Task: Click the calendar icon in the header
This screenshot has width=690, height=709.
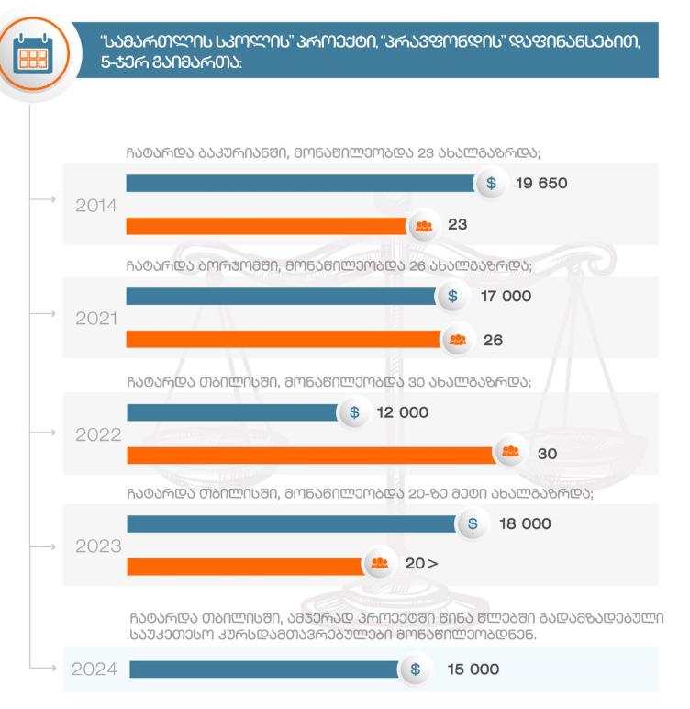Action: coord(33,56)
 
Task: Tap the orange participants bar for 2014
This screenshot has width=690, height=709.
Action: coord(266,225)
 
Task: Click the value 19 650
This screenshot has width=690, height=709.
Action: coord(541,183)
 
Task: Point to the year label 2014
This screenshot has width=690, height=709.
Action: coord(96,205)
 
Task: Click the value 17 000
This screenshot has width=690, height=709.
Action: coord(505,297)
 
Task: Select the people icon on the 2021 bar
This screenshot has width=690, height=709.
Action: coord(457,340)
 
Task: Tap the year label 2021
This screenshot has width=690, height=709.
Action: coord(96,319)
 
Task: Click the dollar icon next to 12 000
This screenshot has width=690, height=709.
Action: coord(354,412)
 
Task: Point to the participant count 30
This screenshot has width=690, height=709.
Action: coord(547,454)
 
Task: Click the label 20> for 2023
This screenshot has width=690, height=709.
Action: coord(420,564)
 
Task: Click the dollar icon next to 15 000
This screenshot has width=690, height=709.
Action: coord(416,670)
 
